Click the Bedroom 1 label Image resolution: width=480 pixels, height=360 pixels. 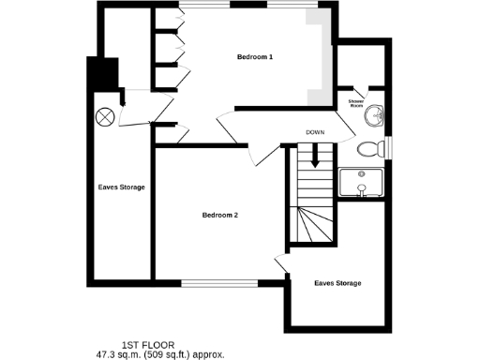(x=254, y=58)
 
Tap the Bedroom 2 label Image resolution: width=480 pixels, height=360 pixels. (x=220, y=216)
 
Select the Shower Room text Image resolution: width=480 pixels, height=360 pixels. (x=356, y=102)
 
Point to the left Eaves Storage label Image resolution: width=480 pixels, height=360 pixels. (x=121, y=187)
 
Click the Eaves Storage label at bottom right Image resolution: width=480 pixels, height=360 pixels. (x=337, y=283)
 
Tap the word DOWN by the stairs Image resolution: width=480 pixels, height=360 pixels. (x=315, y=132)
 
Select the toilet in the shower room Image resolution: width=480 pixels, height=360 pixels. (x=369, y=147)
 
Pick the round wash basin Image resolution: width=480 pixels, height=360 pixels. (x=375, y=115)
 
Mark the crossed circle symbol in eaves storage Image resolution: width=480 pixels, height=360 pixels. (x=105, y=118)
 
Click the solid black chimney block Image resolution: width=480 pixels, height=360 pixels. (x=101, y=72)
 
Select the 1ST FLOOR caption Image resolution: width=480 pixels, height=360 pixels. (x=147, y=345)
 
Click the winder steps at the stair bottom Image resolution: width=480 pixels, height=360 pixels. (x=314, y=225)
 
